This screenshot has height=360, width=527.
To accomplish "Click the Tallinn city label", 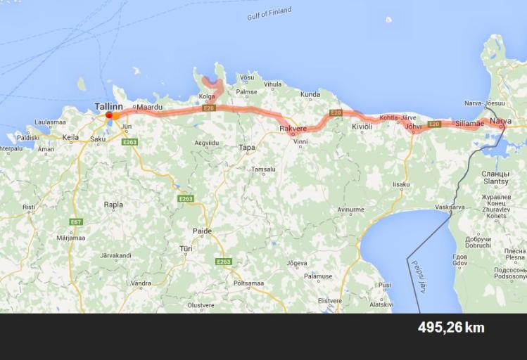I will (108, 105).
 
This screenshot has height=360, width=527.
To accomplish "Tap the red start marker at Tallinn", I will (108, 115).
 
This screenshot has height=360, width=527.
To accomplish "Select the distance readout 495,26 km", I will (451, 328).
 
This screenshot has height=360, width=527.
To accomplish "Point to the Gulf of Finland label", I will (269, 13).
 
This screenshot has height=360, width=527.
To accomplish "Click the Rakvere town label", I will (293, 129).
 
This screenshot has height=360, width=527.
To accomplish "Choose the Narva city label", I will (500, 122).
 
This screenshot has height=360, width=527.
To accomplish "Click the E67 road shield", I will (76, 222).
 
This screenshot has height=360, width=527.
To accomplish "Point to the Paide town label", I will (202, 231).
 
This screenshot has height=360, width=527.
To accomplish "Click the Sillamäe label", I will (469, 124).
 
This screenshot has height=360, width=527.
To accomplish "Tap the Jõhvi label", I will (414, 127).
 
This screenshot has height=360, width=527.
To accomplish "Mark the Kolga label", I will (207, 96).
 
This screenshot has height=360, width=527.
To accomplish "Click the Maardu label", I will (149, 107).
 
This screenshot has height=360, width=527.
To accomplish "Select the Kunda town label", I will (310, 94).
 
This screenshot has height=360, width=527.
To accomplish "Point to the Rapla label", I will (113, 205).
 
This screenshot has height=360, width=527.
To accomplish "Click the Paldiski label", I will (28, 137).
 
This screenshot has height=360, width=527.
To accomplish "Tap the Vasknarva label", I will (450, 207).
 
